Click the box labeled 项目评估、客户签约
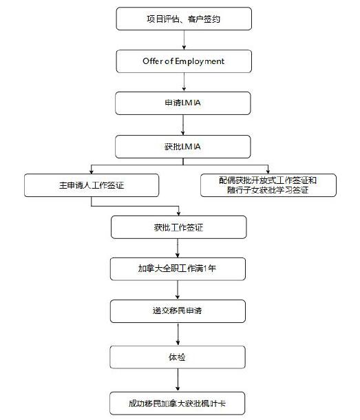pyautogui.click(x=184, y=19)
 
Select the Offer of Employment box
pyautogui.click(x=184, y=61)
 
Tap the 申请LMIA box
pyautogui.click(x=183, y=103)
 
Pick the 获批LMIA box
pyautogui.click(x=183, y=147)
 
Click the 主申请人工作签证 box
pyautogui.click(x=92, y=185)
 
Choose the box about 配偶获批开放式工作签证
pyautogui.click(x=268, y=185)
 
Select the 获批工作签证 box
pyautogui.click(x=179, y=227)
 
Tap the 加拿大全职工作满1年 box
pyautogui.click(x=178, y=269)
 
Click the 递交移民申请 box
pyautogui.click(x=178, y=311)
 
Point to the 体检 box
pyautogui.click(x=178, y=357)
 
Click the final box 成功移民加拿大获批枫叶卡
pyautogui.click(x=177, y=403)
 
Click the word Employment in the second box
pyautogui.click(x=200, y=61)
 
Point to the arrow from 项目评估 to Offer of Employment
pyautogui.click(x=184, y=40)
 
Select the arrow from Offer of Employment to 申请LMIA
pyautogui.click(x=184, y=82)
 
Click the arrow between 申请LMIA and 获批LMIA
pyautogui.click(x=183, y=125)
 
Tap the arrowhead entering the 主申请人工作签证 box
pyautogui.click(x=92, y=171)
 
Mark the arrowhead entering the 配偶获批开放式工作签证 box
pyautogui.click(x=268, y=171)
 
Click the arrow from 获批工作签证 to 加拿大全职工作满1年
pyautogui.click(x=178, y=249)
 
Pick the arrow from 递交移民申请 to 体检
pyautogui.click(x=178, y=335)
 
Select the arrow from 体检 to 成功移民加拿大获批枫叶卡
pyautogui.click(x=178, y=380)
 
